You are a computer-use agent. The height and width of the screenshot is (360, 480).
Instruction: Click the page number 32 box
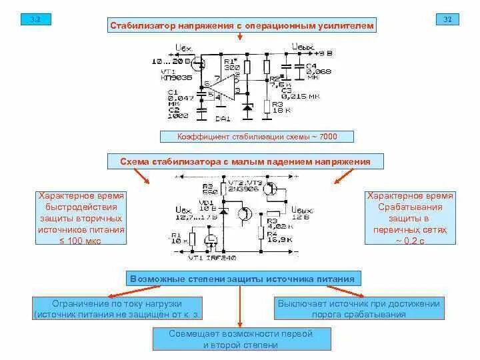(448, 19)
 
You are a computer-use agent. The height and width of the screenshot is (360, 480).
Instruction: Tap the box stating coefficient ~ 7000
(257, 137)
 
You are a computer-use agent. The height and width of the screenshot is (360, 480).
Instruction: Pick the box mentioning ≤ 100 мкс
(81, 218)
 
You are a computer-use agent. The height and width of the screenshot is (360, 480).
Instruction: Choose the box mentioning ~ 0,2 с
(410, 218)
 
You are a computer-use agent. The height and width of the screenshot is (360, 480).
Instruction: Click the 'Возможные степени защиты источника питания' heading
(243, 279)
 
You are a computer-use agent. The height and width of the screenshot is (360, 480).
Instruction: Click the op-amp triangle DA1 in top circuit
(227, 87)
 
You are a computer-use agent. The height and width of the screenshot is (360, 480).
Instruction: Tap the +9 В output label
(323, 53)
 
